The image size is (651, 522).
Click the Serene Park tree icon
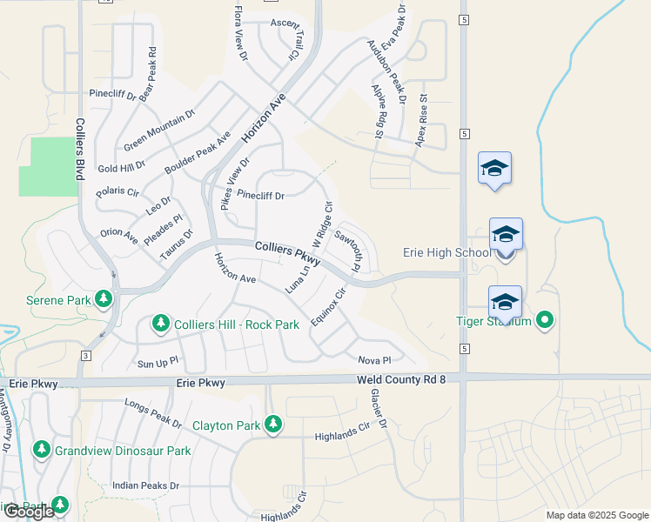point(104,299)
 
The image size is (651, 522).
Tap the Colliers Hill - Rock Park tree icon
point(160,325)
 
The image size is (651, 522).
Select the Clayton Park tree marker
point(273,424)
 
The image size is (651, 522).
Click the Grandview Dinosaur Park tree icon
point(41,449)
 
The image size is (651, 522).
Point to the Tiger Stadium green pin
point(545,321)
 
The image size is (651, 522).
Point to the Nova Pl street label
point(375,359)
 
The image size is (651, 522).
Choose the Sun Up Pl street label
point(158,359)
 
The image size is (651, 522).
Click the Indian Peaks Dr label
point(145,485)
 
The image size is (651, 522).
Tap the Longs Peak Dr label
point(153,408)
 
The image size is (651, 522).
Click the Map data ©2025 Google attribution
point(596,515)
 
